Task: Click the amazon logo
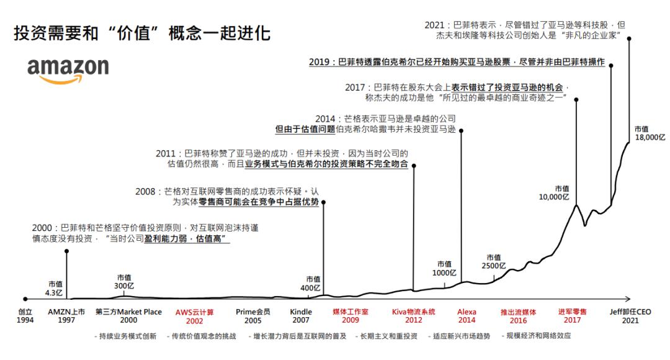68,70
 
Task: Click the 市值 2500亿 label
494,262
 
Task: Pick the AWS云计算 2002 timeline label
194,317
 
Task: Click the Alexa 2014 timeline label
467,317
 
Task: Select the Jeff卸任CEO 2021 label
630,317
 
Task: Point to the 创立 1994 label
24,317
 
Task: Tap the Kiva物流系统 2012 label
414,317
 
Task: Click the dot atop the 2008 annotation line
323,202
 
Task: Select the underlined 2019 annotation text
457,63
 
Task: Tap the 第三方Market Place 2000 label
128,317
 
